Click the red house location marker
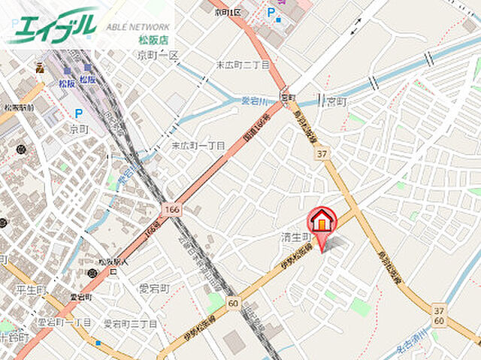pos(322,222)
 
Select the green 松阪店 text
pos(155,38)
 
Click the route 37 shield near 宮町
pos(322,153)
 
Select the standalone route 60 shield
pos(233,304)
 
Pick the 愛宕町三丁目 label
pos(130,323)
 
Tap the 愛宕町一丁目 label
pos(64,322)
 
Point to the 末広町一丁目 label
pos(198,146)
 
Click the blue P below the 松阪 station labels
pos(77,113)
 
